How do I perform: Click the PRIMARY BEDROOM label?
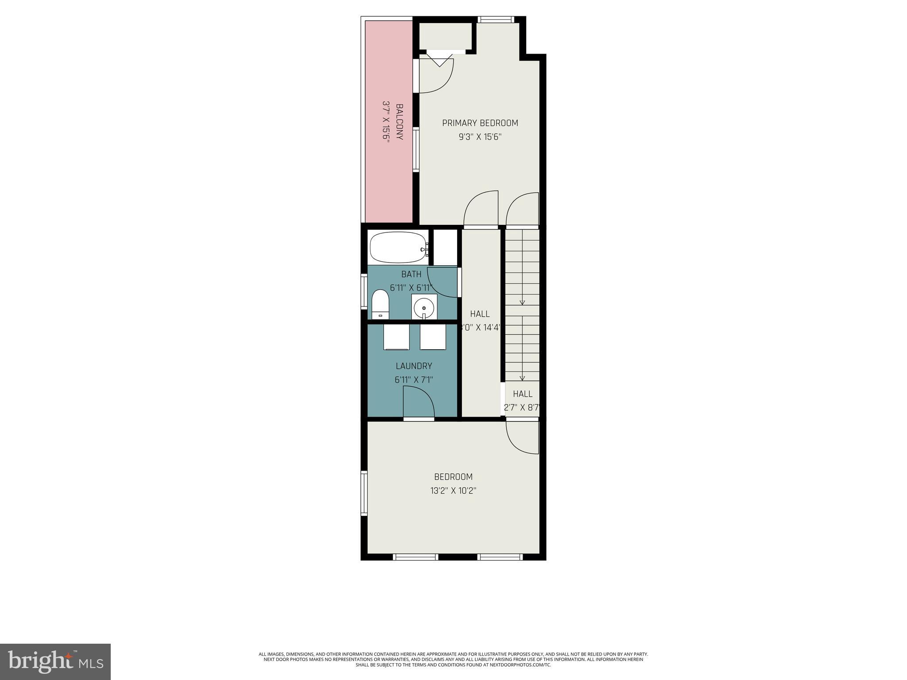coord(480,123)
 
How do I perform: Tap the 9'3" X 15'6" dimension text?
coord(480,137)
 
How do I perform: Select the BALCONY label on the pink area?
coord(399,122)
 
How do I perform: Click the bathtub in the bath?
coord(397,247)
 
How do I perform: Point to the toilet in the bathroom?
coord(380,304)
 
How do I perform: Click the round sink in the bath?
coord(424,307)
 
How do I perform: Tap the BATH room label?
coord(411,274)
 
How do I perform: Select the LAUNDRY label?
coord(414,366)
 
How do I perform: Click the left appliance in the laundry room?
coord(396,337)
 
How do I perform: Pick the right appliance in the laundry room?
coord(433,337)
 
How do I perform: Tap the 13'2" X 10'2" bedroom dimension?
coord(453,491)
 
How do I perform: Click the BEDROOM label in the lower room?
coord(453,477)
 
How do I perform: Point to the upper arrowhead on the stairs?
coord(522,303)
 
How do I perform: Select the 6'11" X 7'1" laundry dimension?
coord(414,380)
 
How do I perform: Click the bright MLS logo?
coord(55,662)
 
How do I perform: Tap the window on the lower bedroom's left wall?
coord(364,493)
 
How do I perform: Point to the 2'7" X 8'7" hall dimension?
coord(523,408)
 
